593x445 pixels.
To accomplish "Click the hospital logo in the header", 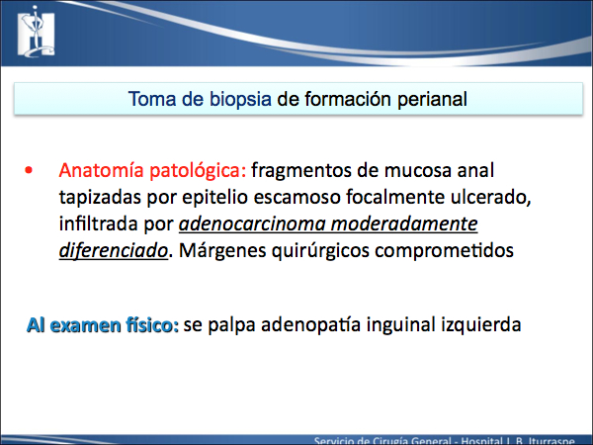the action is click(x=36, y=32).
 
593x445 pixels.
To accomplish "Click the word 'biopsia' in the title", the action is click(x=240, y=100).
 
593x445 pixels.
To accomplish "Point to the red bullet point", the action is click(x=29, y=170).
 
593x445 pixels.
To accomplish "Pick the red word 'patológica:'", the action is click(x=198, y=171).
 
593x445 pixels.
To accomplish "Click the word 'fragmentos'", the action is click(x=301, y=171).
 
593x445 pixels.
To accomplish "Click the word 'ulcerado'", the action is click(x=490, y=197).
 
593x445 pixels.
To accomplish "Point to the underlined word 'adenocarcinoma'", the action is click(x=252, y=224).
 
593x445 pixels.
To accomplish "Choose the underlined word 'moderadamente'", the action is click(x=404, y=224).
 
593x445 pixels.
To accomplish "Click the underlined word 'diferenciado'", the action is click(x=113, y=250).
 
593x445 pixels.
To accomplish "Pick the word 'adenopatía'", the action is click(x=310, y=325).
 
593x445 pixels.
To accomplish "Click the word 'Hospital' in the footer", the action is click(x=481, y=440).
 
